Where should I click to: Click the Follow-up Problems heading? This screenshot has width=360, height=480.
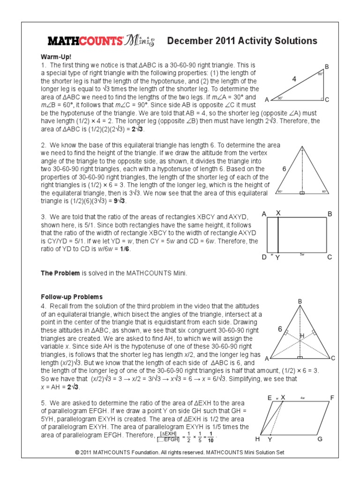coord(72,297)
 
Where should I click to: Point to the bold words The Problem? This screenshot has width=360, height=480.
coord(60,273)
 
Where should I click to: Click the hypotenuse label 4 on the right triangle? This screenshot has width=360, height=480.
coord(294,80)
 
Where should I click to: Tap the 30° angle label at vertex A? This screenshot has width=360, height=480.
coord(279,98)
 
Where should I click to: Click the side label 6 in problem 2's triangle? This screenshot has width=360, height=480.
coord(284,168)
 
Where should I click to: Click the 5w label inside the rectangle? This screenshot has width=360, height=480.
coord(302,253)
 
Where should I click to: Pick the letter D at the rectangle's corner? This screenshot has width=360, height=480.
coord(264,257)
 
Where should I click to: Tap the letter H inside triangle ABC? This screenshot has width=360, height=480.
coord(302,336)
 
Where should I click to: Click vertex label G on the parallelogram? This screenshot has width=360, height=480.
coord(320,439)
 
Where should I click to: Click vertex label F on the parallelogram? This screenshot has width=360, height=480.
coord(332,398)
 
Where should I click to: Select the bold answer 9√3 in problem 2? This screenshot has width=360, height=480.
coord(118,201)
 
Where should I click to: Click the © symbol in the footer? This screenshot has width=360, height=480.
coord(77,452)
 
